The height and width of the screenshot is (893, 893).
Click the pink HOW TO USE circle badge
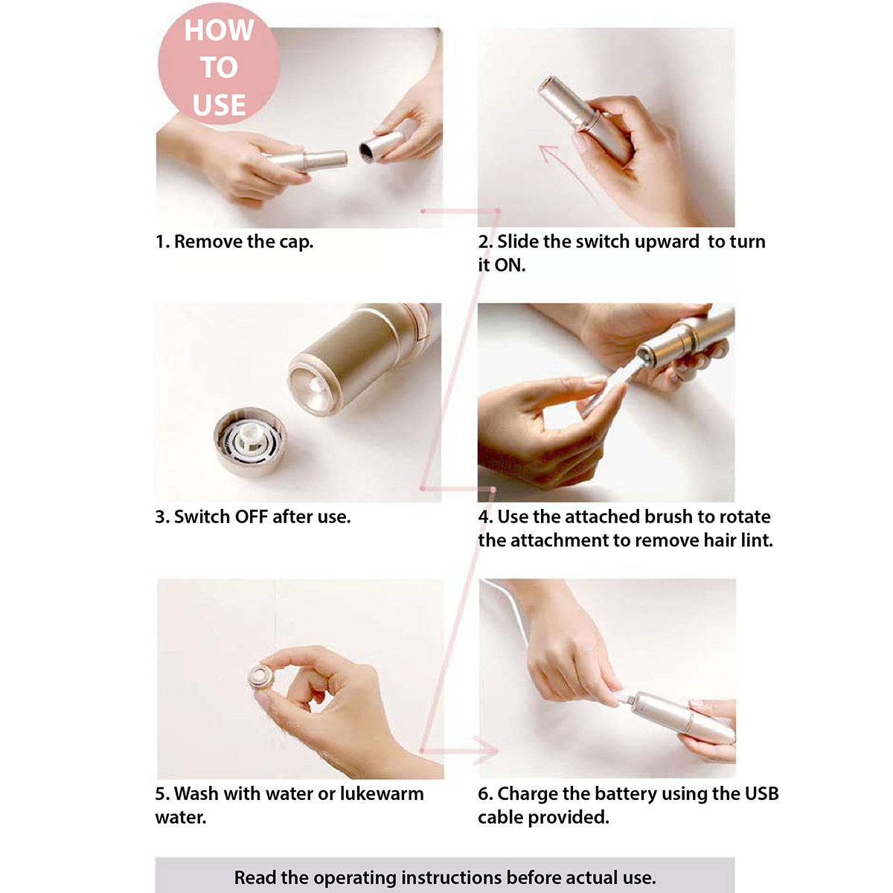pos(219,64)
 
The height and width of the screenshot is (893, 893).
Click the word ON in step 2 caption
pos(509,265)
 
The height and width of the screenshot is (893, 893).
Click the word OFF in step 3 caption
pos(252,516)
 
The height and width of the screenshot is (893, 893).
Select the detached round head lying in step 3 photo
pos(250,441)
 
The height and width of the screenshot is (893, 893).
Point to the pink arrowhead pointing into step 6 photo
pos(487,750)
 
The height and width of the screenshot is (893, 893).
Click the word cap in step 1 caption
pos(296,242)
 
